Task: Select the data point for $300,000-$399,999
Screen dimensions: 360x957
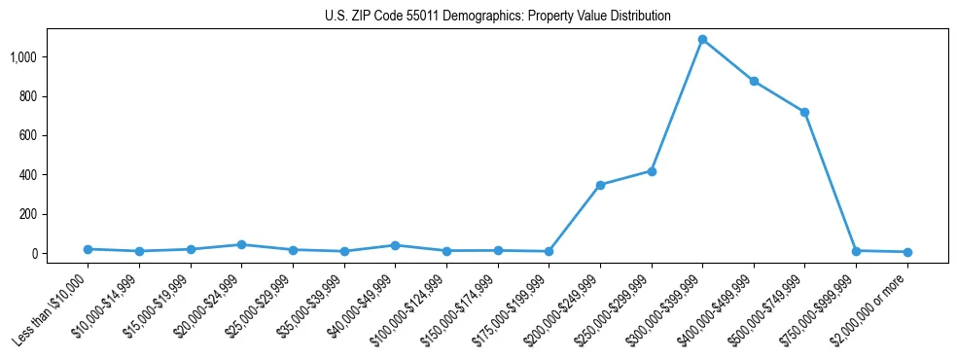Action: tap(702, 40)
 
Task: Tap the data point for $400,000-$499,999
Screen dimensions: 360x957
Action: tap(754, 82)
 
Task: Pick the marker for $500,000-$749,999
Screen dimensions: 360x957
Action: tap(804, 113)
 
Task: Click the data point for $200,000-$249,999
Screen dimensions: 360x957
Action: tap(600, 185)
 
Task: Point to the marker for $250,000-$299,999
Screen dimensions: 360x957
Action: tap(652, 171)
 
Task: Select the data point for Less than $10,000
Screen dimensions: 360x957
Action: tap(89, 249)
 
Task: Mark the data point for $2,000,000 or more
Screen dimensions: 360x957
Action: tap(907, 252)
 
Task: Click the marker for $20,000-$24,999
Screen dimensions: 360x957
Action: tap(242, 245)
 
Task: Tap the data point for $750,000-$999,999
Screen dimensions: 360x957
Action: tap(856, 251)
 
